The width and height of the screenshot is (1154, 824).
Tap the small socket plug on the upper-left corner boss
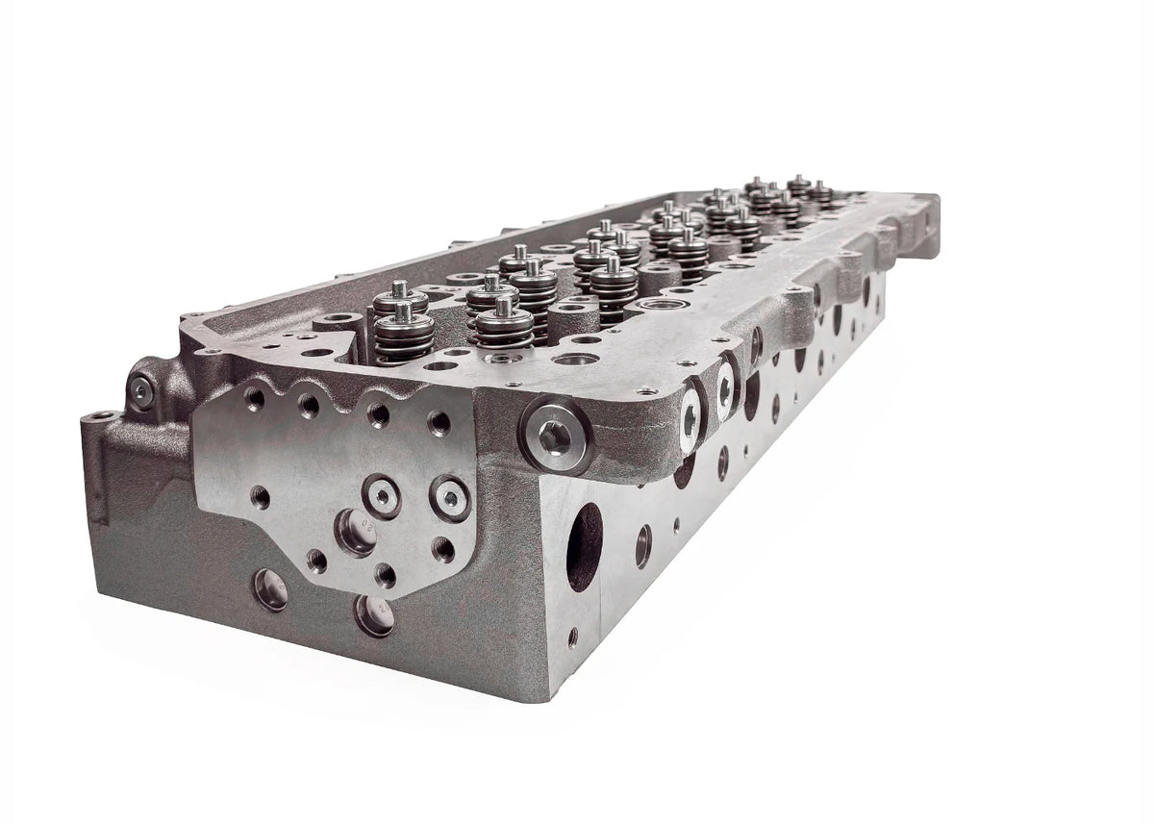(141, 389)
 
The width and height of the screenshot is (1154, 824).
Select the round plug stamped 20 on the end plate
(356, 531)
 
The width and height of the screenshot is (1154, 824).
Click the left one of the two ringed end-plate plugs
(382, 495)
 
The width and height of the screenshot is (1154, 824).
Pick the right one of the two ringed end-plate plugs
(450, 496)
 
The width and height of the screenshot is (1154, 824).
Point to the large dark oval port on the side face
(585, 545)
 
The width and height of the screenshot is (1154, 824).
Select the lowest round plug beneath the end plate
(373, 614)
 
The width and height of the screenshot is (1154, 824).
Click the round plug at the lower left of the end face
(270, 588)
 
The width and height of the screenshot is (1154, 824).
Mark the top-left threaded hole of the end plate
(255, 396)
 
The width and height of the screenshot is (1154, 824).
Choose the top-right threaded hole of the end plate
(439, 423)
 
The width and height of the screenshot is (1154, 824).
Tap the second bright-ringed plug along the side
(725, 388)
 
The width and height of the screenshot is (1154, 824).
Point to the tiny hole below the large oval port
(573, 637)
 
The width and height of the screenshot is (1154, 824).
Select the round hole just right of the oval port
(642, 546)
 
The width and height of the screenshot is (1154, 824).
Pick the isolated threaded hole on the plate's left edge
(260, 497)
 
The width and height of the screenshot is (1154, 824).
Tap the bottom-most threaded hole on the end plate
(386, 575)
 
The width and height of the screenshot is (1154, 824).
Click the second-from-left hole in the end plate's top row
(309, 405)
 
